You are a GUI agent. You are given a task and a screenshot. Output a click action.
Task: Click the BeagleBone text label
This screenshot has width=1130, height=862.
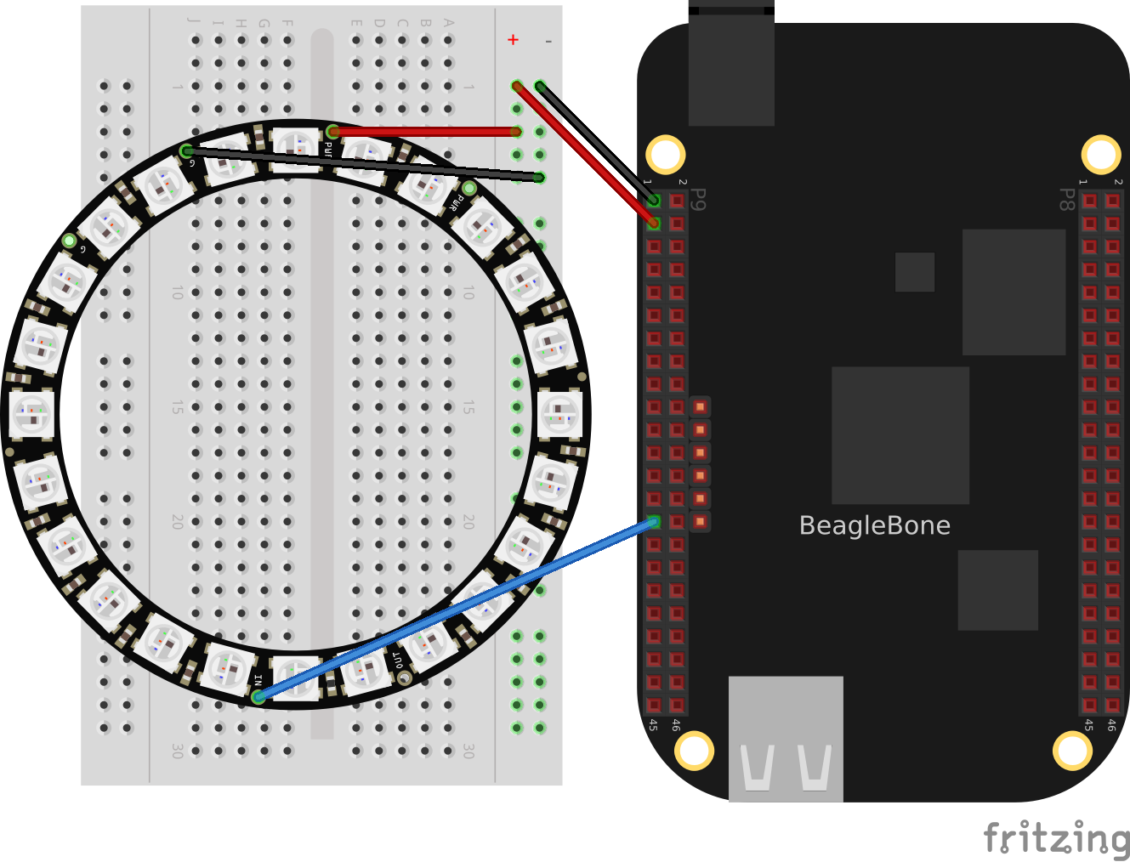874,525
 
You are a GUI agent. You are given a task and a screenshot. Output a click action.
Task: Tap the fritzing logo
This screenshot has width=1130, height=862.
1056,838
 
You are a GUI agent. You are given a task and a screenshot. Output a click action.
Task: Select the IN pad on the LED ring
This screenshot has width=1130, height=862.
258,696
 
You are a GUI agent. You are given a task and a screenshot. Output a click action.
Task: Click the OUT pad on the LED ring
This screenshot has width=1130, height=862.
405,678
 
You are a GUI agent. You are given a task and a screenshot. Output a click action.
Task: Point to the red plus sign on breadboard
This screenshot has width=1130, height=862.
513,40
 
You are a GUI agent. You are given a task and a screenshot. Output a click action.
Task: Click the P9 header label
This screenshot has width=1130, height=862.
698,200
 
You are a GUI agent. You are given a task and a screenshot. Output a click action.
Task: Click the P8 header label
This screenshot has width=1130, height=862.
1066,200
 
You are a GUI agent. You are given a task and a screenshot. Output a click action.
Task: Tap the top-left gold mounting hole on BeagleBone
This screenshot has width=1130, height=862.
665,155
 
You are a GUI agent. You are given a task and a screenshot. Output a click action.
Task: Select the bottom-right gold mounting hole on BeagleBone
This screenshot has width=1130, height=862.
1071,751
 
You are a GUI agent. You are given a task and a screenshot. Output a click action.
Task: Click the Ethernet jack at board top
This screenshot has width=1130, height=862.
731,68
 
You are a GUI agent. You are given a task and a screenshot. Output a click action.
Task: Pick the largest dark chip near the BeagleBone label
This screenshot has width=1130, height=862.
900,435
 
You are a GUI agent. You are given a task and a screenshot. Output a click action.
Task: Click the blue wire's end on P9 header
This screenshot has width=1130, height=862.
653,522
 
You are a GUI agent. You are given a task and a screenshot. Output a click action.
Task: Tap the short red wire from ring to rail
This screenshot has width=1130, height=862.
425,132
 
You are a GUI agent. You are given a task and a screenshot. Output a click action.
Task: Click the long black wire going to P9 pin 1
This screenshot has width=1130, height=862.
595,142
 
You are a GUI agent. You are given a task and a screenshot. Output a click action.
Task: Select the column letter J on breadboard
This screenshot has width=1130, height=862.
196,22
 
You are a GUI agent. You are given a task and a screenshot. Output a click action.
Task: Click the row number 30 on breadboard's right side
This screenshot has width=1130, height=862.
468,751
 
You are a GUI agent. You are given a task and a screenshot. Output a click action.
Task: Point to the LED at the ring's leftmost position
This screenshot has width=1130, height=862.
31,414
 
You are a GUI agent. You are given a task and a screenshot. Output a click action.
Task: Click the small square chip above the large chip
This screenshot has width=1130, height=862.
915,272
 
